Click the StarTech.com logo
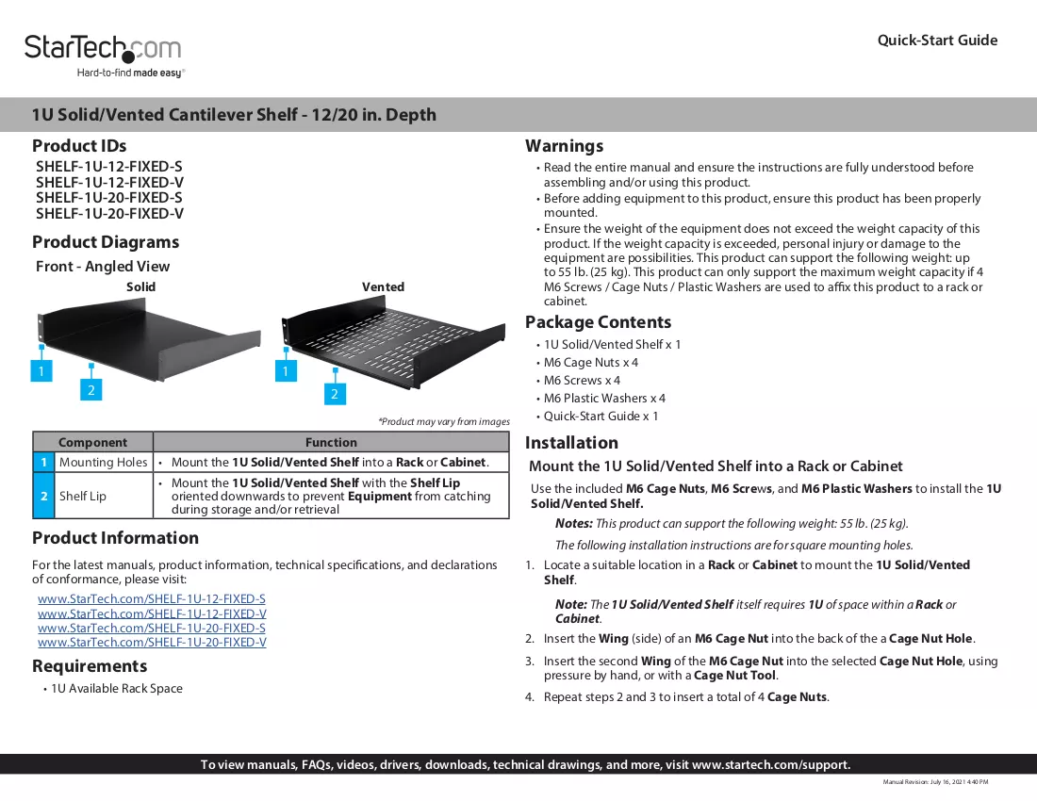pyautogui.click(x=103, y=55)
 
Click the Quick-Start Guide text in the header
pyautogui.click(x=937, y=41)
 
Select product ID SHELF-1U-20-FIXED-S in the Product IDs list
pyautogui.click(x=109, y=198)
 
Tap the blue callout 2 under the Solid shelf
pyautogui.click(x=91, y=389)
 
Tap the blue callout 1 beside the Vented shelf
pyautogui.click(x=286, y=370)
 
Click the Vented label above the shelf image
pyautogui.click(x=383, y=286)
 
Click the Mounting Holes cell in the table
pyautogui.click(x=103, y=462)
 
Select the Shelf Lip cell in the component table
pyautogui.click(x=83, y=496)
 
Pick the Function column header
pyautogui.click(x=331, y=442)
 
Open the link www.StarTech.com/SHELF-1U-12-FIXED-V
pyautogui.click(x=152, y=613)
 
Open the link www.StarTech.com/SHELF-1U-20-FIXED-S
pyautogui.click(x=152, y=628)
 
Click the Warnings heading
pyautogui.click(x=564, y=146)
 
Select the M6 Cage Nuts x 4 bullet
pyautogui.click(x=590, y=362)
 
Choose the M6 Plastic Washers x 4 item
pyautogui.click(x=604, y=398)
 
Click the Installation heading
pyautogui.click(x=571, y=443)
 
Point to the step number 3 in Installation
pyautogui.click(x=529, y=661)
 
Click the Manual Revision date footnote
pyautogui.click(x=935, y=782)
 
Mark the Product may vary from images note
pyautogui.click(x=444, y=421)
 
